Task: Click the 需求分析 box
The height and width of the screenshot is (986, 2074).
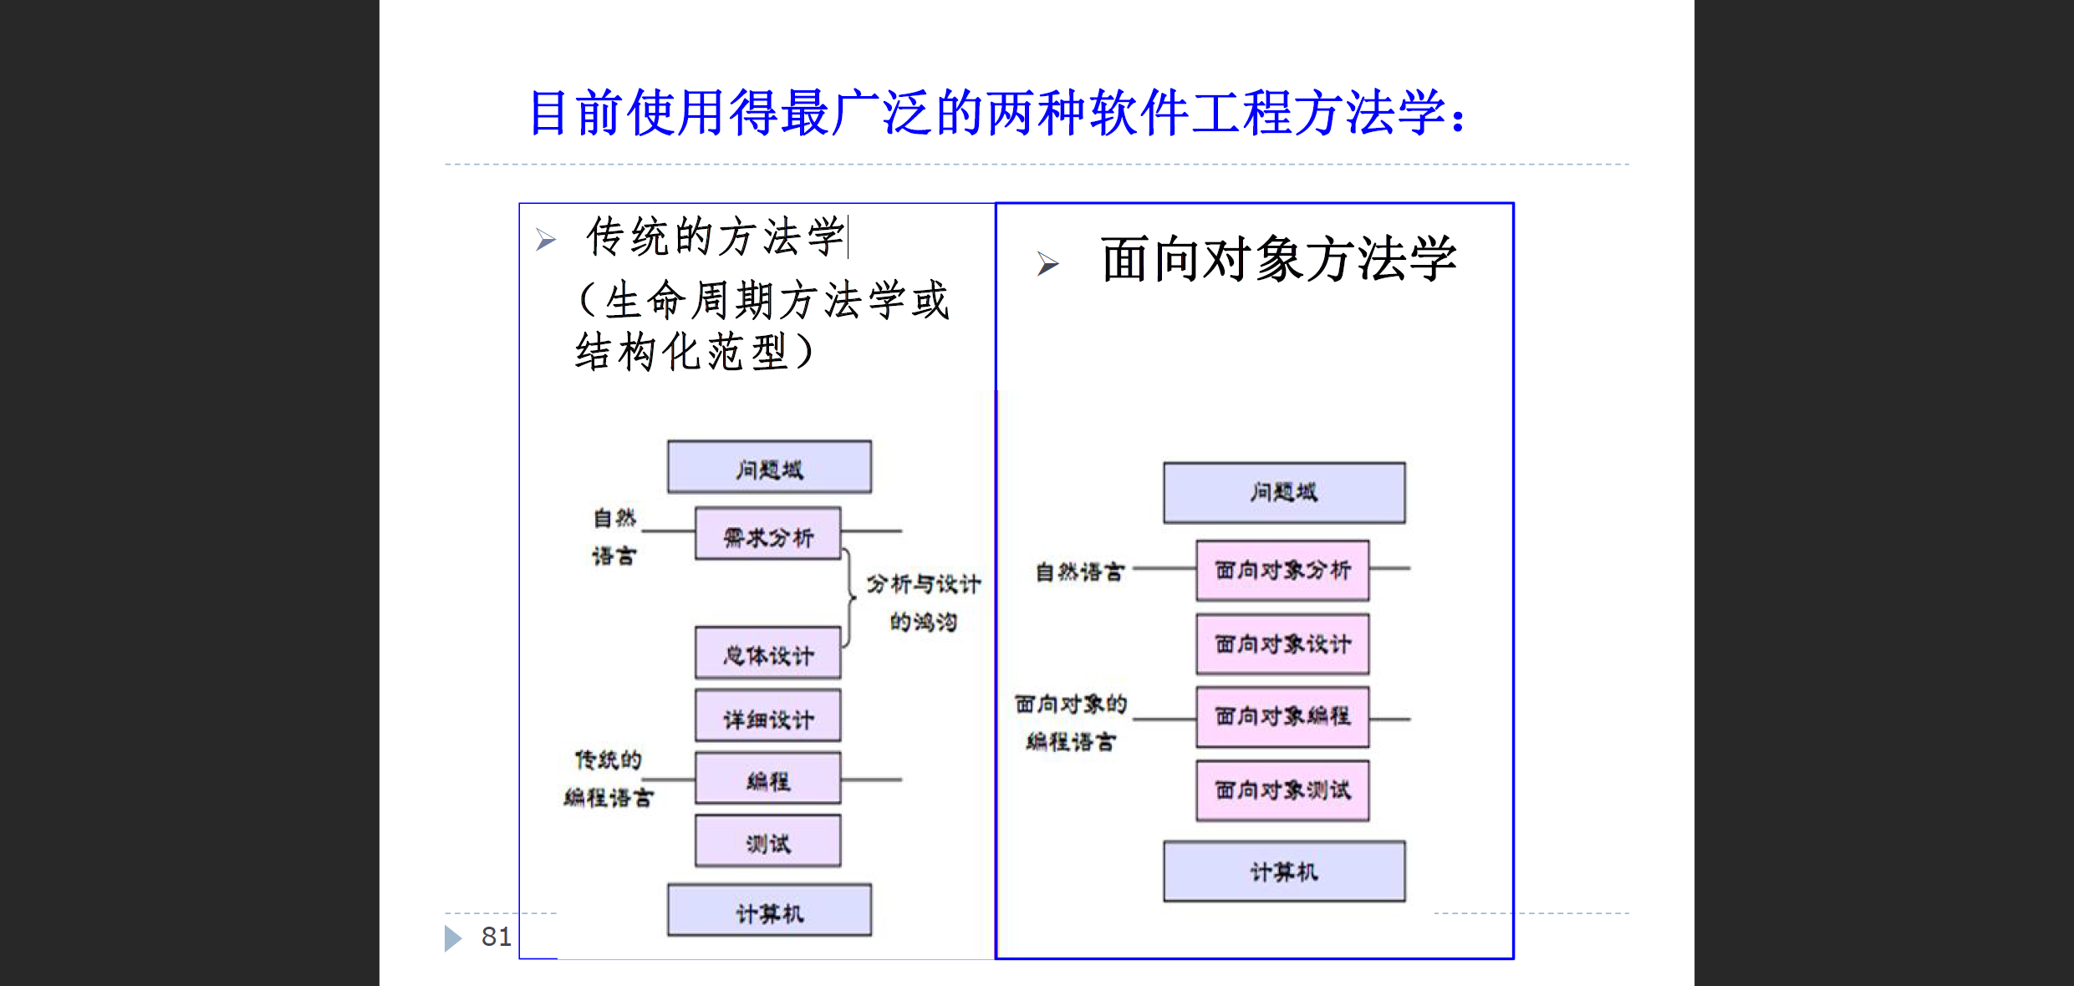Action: (767, 534)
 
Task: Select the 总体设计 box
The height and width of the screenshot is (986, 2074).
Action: (767, 653)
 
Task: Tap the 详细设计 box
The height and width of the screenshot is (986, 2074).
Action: (767, 716)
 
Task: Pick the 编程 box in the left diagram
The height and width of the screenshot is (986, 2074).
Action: (767, 779)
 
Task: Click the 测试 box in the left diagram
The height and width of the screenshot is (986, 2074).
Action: (767, 841)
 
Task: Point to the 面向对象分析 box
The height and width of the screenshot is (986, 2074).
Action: (1282, 571)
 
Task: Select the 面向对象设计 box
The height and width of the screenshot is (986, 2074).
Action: (1282, 644)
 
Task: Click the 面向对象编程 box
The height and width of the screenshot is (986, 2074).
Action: (1282, 717)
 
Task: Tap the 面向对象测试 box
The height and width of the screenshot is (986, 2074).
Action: (1282, 790)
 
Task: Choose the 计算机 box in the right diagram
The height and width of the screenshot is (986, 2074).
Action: (1284, 872)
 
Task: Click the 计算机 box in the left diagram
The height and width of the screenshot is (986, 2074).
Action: (769, 911)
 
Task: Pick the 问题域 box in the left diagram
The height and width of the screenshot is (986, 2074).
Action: (769, 468)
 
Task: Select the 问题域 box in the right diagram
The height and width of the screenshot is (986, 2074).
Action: (1284, 493)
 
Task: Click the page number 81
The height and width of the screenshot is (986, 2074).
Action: (496, 937)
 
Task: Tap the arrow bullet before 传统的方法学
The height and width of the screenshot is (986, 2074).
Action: (546, 241)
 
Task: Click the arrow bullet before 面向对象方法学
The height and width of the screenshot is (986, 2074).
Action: (1047, 264)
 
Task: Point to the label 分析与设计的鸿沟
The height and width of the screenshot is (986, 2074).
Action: (923, 602)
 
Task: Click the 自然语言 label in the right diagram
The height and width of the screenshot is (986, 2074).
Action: (1079, 572)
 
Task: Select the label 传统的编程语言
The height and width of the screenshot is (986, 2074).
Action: (608, 779)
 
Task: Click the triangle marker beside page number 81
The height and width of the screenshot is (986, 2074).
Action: (452, 938)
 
